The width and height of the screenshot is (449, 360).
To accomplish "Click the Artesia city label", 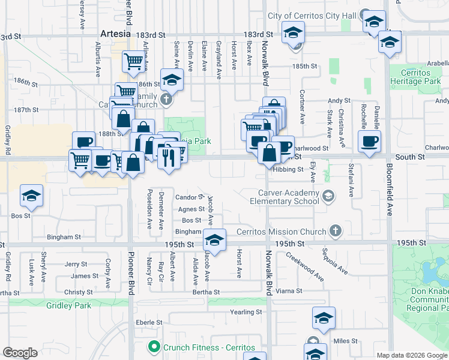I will [115, 34].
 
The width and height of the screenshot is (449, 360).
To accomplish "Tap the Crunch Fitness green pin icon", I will [154, 347].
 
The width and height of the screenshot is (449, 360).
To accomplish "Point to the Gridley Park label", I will [68, 305].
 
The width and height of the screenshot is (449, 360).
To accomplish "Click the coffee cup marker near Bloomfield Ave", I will [369, 142].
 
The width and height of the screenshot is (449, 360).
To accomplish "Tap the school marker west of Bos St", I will [31, 196].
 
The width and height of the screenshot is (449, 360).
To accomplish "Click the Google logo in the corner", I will [20, 352].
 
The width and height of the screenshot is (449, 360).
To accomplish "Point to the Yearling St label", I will [246, 312].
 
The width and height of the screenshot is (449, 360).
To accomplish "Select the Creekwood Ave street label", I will [305, 266].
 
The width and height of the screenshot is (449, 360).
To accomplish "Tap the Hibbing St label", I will [288, 170].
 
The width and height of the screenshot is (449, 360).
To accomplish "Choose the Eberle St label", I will [146, 322].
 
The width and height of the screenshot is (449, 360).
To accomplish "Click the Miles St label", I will [345, 341].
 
